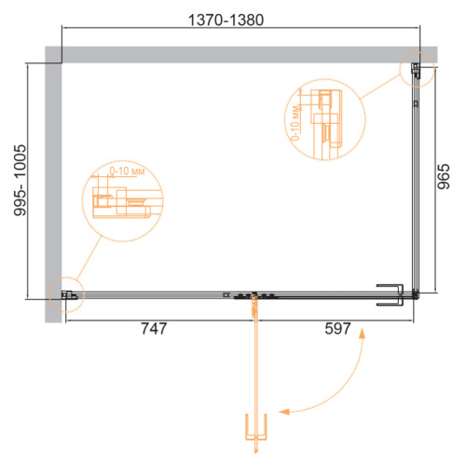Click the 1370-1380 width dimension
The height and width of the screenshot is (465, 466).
pyautogui.click(x=226, y=21)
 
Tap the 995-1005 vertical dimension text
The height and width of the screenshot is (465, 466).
pyautogui.click(x=21, y=180)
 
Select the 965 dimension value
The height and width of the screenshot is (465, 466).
pyautogui.click(x=444, y=176)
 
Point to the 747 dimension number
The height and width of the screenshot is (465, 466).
pyautogui.click(x=154, y=329)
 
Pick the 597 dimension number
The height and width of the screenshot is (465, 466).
pyautogui.click(x=337, y=329)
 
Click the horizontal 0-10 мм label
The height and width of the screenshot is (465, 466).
pyautogui.click(x=127, y=171)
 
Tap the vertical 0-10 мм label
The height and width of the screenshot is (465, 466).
pyautogui.click(x=295, y=123)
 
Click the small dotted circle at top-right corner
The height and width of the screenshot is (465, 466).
pyautogui.click(x=417, y=70)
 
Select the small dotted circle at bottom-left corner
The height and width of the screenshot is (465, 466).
pyautogui.click(x=67, y=294)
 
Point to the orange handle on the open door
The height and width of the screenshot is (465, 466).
pyautogui.click(x=256, y=427)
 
